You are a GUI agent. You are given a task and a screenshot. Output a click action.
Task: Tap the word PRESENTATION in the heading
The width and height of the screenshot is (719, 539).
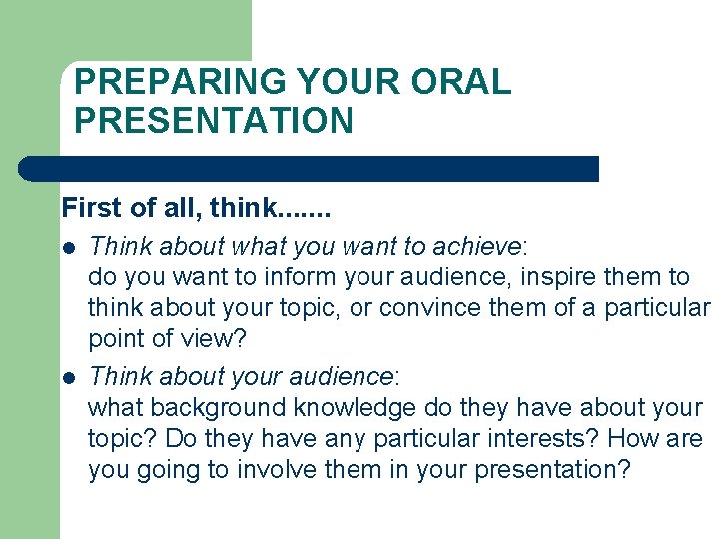coord(214,121)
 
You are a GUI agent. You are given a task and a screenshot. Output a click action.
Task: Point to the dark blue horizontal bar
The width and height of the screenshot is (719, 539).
coord(310,168)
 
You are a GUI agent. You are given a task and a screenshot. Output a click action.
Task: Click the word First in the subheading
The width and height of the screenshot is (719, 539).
coord(89,208)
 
